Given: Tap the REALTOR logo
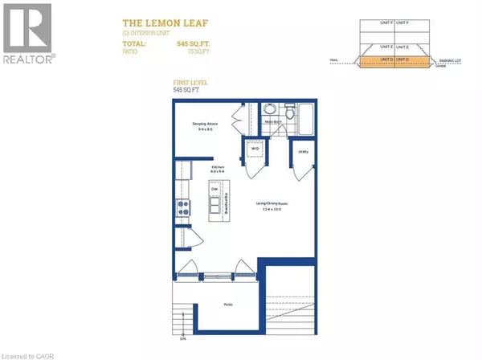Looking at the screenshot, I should (x=29, y=34).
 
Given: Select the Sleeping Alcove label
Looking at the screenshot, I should (x=205, y=125).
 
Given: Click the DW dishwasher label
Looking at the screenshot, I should (x=214, y=190).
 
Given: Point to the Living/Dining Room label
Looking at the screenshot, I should (x=271, y=209).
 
